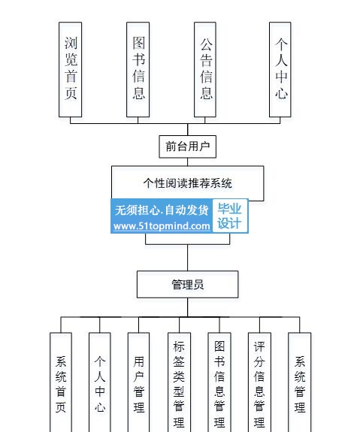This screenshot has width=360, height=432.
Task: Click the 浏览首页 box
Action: click(71, 69)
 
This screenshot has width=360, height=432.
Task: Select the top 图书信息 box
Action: click(138, 69)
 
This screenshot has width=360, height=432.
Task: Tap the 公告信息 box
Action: click(205, 69)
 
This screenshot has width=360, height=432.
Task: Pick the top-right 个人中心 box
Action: click(280, 69)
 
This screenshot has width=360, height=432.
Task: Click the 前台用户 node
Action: click(187, 147)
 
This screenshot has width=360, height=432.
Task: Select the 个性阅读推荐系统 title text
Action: click(187, 183)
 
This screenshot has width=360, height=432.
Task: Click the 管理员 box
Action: click(187, 284)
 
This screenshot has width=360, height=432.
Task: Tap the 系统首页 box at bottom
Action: click(61, 382)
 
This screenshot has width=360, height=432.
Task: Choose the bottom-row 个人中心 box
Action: click(100, 382)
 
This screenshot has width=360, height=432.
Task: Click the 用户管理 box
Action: click(138, 382)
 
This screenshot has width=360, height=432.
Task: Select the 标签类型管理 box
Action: click(179, 382)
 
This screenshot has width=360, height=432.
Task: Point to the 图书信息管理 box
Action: click(219, 382)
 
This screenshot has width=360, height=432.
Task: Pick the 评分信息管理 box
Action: click(259, 382)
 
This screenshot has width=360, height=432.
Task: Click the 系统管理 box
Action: click(300, 382)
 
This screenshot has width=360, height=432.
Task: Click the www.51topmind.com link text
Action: click(162, 226)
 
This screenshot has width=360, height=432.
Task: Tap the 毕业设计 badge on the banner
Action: click(230, 216)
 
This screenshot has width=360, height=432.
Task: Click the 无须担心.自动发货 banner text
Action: click(162, 210)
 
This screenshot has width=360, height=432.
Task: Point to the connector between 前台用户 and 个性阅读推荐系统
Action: click(187, 162)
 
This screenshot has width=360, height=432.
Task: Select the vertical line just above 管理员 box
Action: click(188, 258)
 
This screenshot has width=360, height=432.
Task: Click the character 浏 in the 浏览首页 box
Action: click(71, 43)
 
